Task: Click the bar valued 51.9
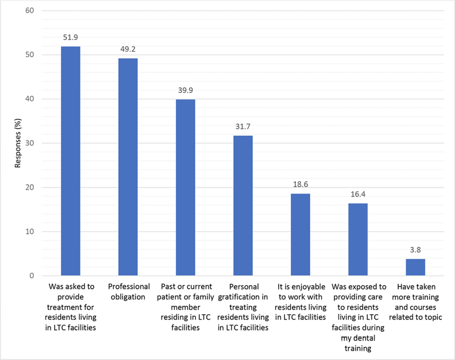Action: [x=71, y=161]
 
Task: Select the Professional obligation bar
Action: [x=128, y=167]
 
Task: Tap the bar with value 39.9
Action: [x=185, y=188]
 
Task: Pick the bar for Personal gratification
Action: [x=243, y=206]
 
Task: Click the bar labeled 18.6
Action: [x=300, y=235]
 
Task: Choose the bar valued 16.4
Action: [x=357, y=239]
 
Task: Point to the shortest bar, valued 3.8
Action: [x=415, y=267]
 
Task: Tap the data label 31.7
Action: [x=243, y=127]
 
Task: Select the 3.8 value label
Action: [x=415, y=250]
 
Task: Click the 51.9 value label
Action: [x=71, y=38]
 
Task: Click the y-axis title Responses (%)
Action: [x=18, y=143]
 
